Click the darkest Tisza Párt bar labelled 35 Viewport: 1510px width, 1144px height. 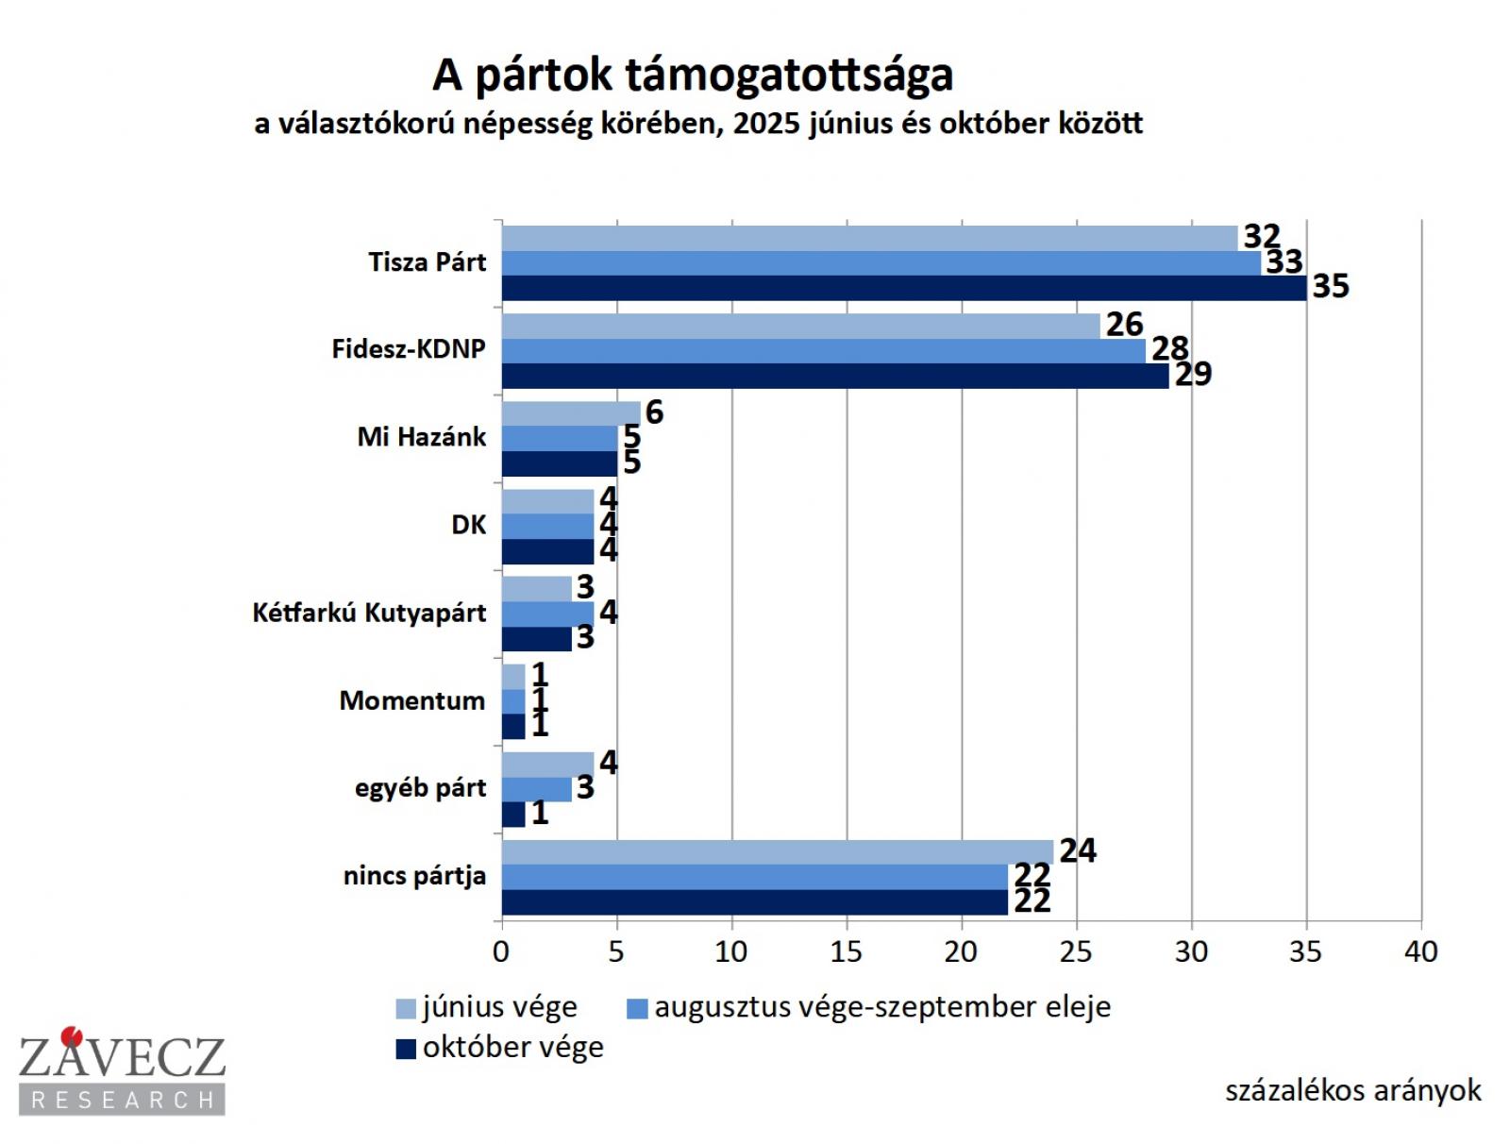903,288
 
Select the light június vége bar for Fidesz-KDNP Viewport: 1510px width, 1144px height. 800,326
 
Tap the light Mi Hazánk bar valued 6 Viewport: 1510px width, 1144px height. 570,413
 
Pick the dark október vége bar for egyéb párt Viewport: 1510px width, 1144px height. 512,814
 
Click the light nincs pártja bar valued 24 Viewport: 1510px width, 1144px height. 777,851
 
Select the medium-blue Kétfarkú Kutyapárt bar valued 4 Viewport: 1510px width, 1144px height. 547,614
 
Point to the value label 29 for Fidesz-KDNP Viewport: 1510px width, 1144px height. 1193,375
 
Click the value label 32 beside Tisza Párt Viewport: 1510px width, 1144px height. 1261,236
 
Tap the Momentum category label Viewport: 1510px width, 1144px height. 412,700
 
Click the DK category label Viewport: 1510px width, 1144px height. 468,525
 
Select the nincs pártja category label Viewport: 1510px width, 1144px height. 414,876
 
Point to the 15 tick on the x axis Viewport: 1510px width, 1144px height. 847,951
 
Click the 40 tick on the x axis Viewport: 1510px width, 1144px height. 1420,951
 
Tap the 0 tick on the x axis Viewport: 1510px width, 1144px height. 501,951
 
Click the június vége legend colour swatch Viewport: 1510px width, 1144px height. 406,1009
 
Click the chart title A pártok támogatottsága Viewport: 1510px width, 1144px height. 693,76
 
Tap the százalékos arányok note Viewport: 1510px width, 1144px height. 1352,1091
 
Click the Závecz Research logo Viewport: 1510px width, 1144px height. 122,1071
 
